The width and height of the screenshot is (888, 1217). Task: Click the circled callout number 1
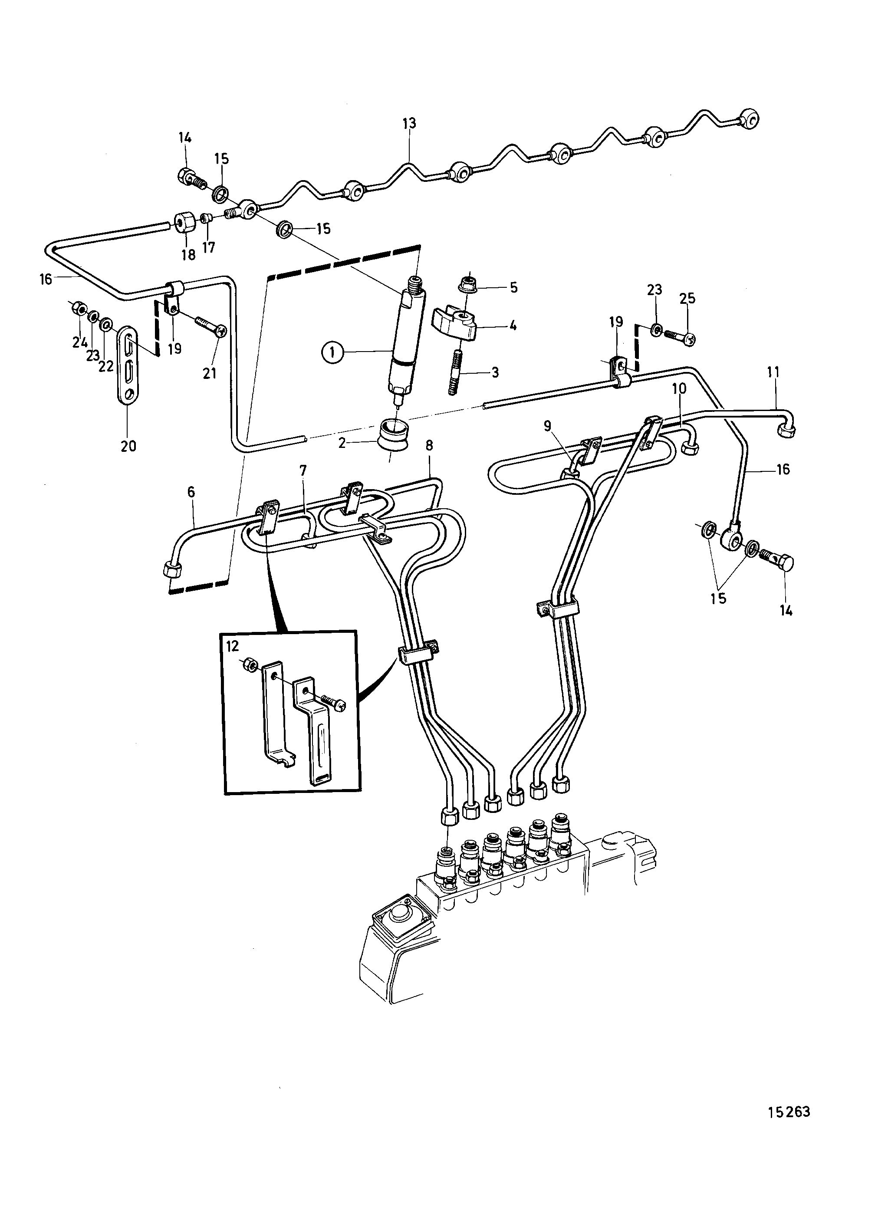333,352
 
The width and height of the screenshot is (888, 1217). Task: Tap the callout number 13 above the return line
409,123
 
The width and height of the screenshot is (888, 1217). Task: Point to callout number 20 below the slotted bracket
128,446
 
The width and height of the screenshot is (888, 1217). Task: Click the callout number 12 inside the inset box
232,647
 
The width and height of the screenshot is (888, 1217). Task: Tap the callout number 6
191,492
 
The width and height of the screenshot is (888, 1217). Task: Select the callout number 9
547,426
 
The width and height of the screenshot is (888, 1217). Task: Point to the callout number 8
429,446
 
